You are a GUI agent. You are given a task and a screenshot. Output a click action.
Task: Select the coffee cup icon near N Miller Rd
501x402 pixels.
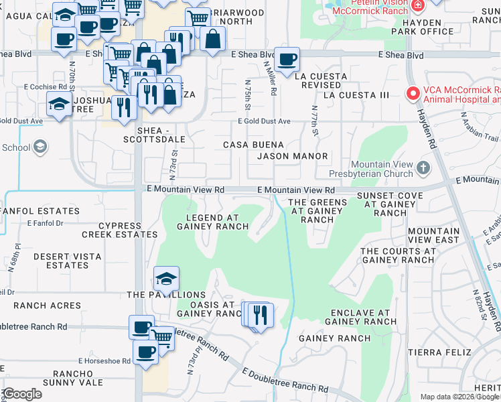[287, 60]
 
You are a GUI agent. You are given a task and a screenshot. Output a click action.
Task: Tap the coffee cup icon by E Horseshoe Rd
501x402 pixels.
[145, 352]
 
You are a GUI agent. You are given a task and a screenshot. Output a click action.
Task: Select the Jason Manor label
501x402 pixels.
[293, 156]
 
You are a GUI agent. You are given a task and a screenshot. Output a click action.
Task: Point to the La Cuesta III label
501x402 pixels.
[356, 95]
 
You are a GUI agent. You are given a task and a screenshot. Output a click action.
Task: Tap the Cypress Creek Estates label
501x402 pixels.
[121, 230]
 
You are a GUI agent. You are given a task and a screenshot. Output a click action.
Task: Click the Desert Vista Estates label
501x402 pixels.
[68, 261]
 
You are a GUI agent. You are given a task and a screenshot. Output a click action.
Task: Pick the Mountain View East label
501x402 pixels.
[434, 235]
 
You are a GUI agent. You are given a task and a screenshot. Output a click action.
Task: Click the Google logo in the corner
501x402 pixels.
[23, 394]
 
